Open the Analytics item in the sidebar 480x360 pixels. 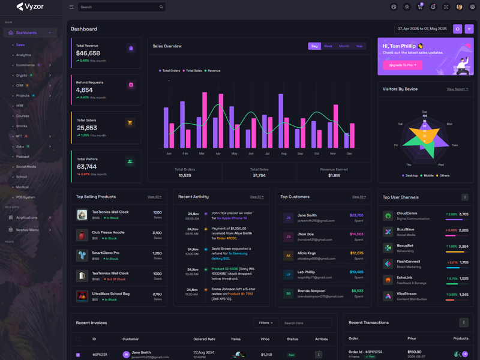pyautogui.click(x=23, y=55)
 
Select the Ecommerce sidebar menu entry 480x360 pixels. pyautogui.click(x=25, y=65)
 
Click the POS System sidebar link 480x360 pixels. pyautogui.click(x=26, y=197)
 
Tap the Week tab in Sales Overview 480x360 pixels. pyautogui.click(x=328, y=46)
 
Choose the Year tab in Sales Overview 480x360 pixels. pyautogui.click(x=359, y=46)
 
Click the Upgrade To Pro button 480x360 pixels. pyautogui.click(x=402, y=65)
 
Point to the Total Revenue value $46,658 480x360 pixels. pyautogui.click(x=88, y=53)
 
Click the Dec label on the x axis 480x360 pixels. pyautogui.click(x=349, y=154)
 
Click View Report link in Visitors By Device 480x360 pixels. pyautogui.click(x=457, y=89)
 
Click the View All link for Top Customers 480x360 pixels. pyautogui.click(x=359, y=197)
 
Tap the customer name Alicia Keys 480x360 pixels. pyautogui.click(x=307, y=253)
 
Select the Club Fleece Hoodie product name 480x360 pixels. pyautogui.click(x=108, y=232)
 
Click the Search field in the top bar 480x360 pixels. pyautogui.click(x=120, y=7)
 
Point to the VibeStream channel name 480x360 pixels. pyautogui.click(x=407, y=294)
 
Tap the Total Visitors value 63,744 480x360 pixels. pyautogui.click(x=87, y=167)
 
